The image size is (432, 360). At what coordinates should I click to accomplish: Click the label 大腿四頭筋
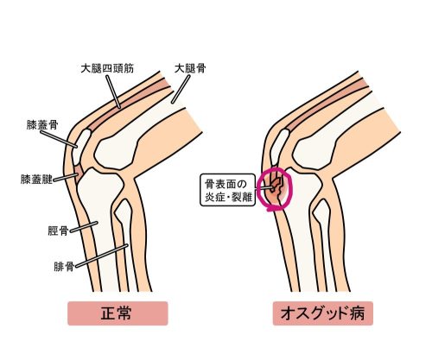coord(107,68)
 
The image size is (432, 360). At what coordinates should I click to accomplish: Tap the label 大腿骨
coord(190,68)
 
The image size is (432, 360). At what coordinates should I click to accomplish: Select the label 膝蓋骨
coord(42,125)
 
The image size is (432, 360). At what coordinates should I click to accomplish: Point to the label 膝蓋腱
coord(36,179)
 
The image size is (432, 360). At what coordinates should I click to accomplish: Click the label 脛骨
coord(58,231)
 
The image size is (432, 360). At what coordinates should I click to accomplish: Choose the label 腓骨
coord(64,267)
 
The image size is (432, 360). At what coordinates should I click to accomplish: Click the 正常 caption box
coord(118,313)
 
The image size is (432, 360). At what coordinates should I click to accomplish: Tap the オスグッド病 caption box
coord(323,313)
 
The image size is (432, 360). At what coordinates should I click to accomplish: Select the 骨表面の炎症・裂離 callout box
coord(228,189)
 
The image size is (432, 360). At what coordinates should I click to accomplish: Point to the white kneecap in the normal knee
coord(80,146)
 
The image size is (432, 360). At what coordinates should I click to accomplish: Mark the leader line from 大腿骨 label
coord(181,89)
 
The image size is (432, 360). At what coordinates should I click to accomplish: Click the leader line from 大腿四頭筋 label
coord(113,92)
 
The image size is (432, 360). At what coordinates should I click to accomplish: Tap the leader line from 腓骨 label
coord(101,256)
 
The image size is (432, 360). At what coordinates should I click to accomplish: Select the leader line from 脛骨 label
coord(84,227)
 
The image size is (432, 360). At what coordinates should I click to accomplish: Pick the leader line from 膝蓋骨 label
coord(59,139)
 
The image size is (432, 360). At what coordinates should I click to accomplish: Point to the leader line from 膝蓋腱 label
coord(66,177)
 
